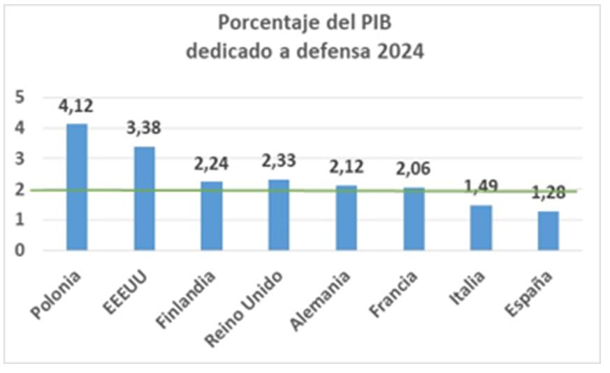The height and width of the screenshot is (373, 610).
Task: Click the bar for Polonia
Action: pyautogui.click(x=77, y=186)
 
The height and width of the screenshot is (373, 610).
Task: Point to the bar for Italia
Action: pyautogui.click(x=481, y=227)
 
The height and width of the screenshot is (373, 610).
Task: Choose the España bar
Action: pyautogui.click(x=549, y=230)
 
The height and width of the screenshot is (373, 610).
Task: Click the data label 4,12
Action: pyautogui.click(x=77, y=107)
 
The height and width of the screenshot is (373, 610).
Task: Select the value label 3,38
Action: pyautogui.click(x=144, y=131)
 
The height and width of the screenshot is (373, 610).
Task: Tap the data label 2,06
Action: pyautogui.click(x=414, y=168)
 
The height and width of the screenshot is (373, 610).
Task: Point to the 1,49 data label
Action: pyautogui.click(x=481, y=185)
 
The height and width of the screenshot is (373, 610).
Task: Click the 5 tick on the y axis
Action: pyautogui.click(x=20, y=97)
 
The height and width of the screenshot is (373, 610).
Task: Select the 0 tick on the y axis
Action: pyautogui.click(x=20, y=250)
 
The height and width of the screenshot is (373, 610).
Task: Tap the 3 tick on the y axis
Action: pyautogui.click(x=20, y=159)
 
